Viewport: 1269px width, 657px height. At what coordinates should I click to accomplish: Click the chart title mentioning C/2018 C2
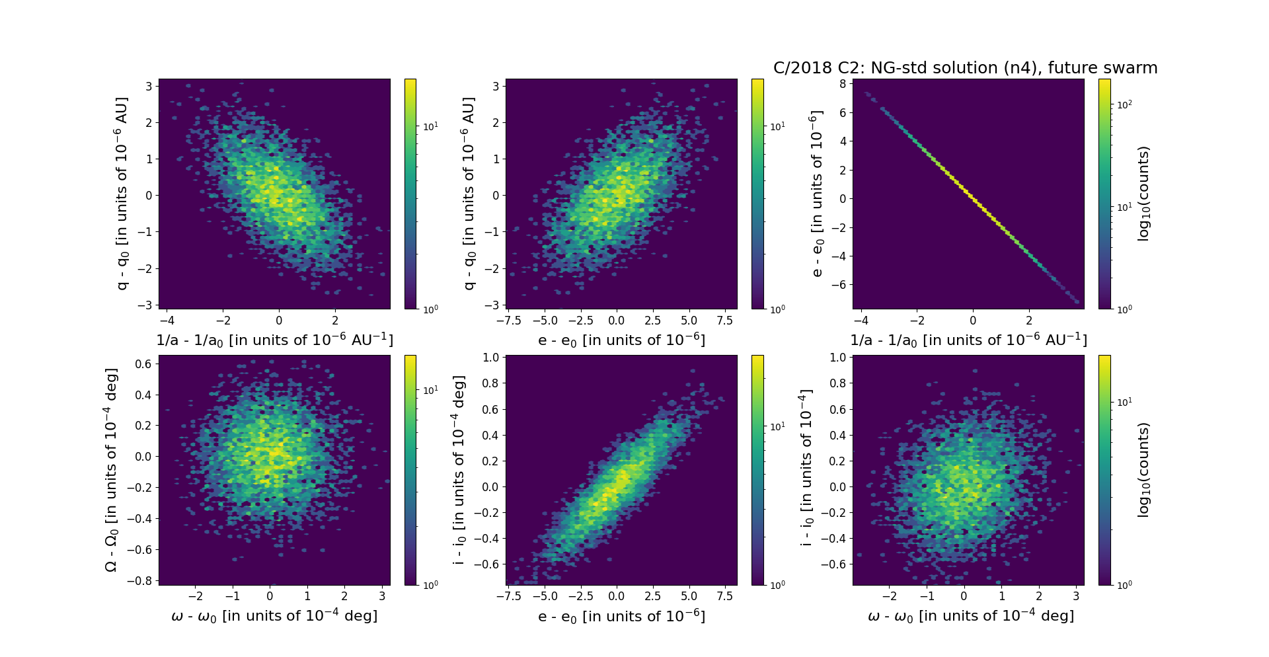(965, 68)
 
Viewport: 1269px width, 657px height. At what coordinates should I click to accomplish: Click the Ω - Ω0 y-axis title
(112, 470)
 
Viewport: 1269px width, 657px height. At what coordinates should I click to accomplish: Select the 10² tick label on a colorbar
(1124, 104)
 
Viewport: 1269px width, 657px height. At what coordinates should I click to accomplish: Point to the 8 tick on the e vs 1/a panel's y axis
(843, 84)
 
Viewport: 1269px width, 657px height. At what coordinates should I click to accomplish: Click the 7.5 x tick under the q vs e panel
(725, 321)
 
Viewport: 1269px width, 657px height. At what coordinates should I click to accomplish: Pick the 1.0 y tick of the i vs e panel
(490, 358)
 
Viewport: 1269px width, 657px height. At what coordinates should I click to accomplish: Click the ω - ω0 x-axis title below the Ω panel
(274, 616)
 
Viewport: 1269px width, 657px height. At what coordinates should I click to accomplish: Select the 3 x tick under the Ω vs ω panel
(382, 596)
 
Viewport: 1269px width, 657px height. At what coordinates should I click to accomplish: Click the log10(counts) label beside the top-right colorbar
(1143, 194)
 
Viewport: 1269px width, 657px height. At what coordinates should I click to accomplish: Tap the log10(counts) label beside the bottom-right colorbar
(1143, 470)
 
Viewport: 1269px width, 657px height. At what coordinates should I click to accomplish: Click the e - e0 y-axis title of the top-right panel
(817, 194)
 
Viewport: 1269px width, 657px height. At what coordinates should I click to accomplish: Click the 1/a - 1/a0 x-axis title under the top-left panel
(274, 340)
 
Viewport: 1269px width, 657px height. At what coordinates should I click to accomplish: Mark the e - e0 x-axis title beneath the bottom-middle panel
(621, 617)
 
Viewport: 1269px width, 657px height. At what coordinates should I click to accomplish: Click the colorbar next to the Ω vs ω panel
(410, 470)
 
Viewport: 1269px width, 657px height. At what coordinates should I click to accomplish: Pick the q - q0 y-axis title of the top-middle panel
(469, 194)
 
